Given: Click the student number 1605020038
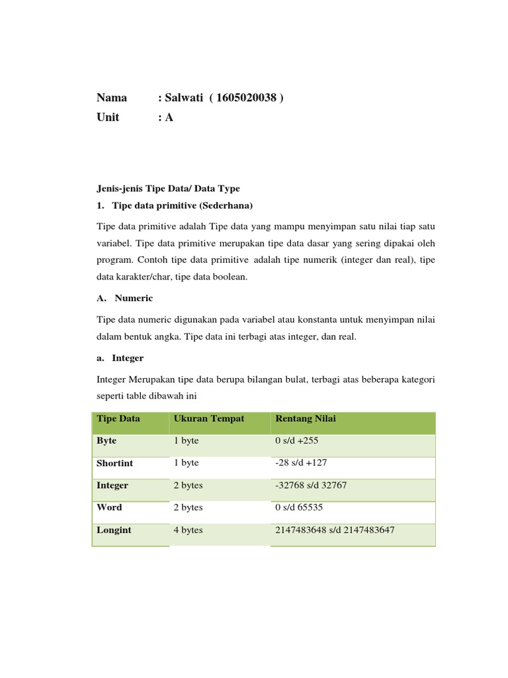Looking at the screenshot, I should point(245,98).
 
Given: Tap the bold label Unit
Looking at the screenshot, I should point(108,117).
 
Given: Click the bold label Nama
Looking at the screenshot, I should point(111,98).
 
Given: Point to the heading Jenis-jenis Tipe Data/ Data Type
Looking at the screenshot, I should point(168,188).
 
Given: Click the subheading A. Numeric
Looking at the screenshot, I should point(124,298).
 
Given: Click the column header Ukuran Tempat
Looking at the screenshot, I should point(209,418).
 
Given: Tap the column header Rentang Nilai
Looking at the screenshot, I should point(305,418).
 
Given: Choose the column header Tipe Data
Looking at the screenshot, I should point(118,418).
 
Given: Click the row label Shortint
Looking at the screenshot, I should point(115,463).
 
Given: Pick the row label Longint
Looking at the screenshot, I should point(114,530).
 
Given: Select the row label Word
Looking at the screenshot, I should point(109,507).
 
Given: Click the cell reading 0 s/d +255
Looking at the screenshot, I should point(297,440).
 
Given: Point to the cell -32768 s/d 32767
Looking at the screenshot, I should point(310,485).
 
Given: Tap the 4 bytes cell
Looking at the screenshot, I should point(188,530).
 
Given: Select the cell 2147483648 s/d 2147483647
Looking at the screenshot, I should point(335,530).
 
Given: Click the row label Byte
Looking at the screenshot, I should point(106,440).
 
